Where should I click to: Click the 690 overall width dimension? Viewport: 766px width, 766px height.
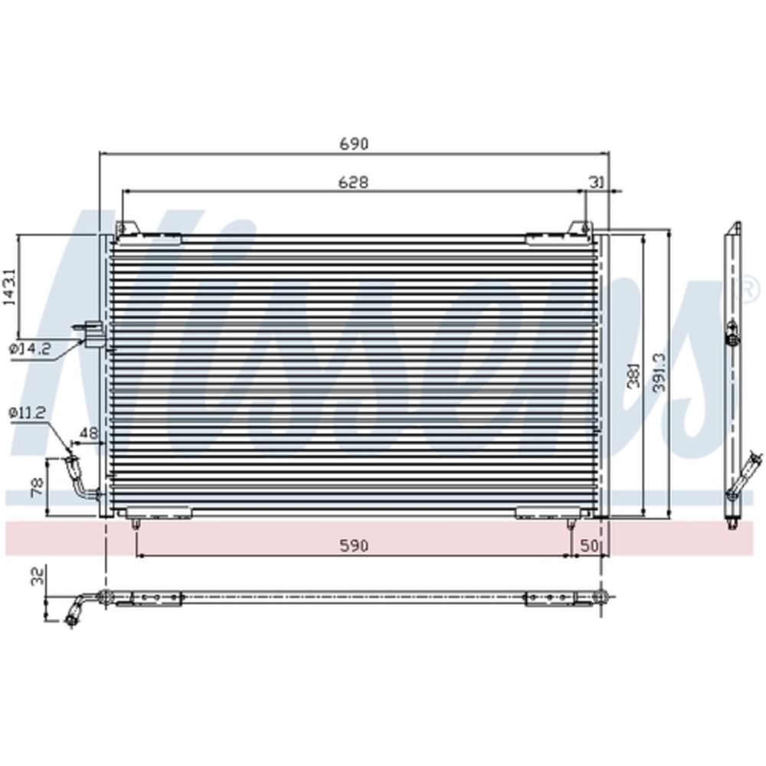(x=353, y=144)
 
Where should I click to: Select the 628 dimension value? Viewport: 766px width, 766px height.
(x=353, y=182)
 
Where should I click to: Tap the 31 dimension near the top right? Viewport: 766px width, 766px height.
(x=597, y=182)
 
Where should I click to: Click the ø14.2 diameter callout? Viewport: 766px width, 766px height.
(x=31, y=349)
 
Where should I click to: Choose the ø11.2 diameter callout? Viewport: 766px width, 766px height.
(x=27, y=413)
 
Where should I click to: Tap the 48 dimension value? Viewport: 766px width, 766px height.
(x=88, y=433)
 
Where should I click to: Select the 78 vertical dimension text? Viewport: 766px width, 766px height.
(x=38, y=487)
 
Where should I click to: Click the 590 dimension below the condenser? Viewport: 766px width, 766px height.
(x=353, y=545)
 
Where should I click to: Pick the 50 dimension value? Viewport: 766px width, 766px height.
(x=590, y=545)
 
